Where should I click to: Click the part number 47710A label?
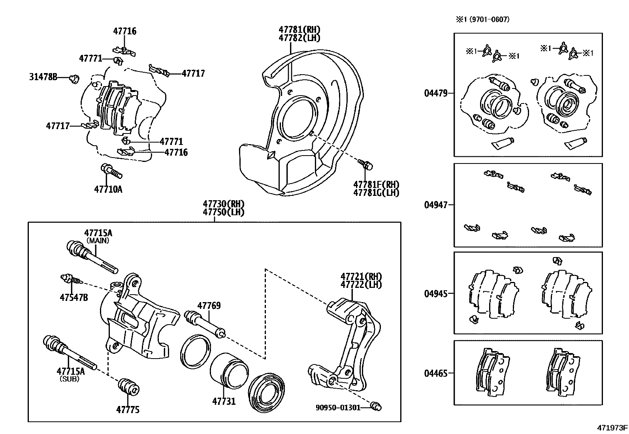click(108, 189)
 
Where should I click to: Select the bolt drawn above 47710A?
click(111, 171)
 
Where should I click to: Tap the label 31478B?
click(43, 77)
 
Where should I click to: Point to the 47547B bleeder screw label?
click(74, 297)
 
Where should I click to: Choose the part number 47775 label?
click(128, 410)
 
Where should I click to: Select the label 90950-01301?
click(338, 407)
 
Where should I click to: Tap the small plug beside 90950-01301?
click(376, 406)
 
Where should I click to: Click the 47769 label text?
click(209, 305)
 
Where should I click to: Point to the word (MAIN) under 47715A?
click(98, 240)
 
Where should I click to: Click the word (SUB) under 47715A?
click(70, 379)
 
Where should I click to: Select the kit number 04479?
click(436, 94)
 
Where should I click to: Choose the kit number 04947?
click(436, 205)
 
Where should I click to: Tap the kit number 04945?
click(436, 294)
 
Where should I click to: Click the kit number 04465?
click(436, 373)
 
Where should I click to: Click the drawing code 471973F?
click(612, 428)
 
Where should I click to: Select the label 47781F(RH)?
click(376, 184)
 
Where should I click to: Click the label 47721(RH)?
click(362, 276)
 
